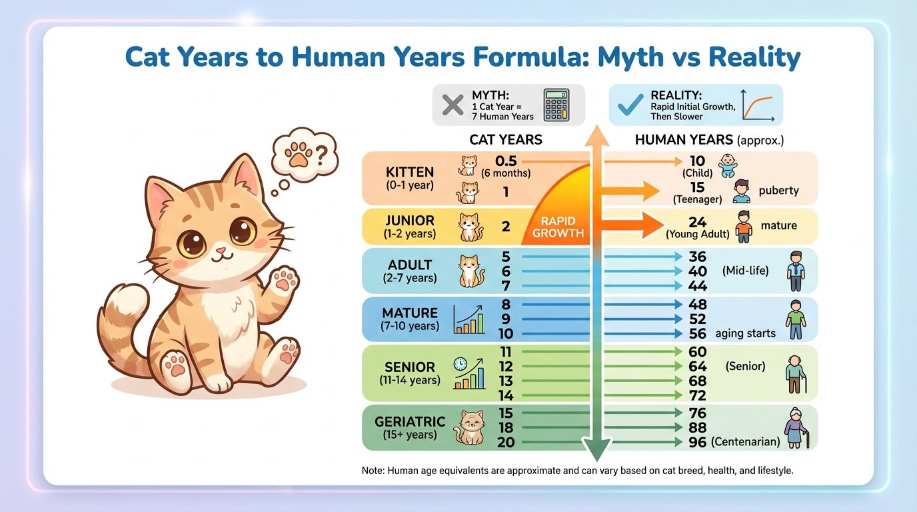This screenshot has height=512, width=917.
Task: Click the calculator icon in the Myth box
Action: pyautogui.click(x=556, y=105)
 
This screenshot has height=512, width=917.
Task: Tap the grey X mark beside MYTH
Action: pyautogui.click(x=453, y=105)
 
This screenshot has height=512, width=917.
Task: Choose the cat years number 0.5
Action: pyautogui.click(x=506, y=161)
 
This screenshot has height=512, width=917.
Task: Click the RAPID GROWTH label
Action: pyautogui.click(x=558, y=227)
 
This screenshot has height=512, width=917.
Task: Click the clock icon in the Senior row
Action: pyautogui.click(x=459, y=364)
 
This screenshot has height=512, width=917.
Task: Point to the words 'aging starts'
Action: pyautogui.click(x=745, y=333)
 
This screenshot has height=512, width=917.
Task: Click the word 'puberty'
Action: pyautogui.click(x=778, y=191)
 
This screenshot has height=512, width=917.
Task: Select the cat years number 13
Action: pyautogui.click(x=505, y=381)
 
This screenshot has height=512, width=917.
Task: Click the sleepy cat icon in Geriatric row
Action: pyautogui.click(x=468, y=428)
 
